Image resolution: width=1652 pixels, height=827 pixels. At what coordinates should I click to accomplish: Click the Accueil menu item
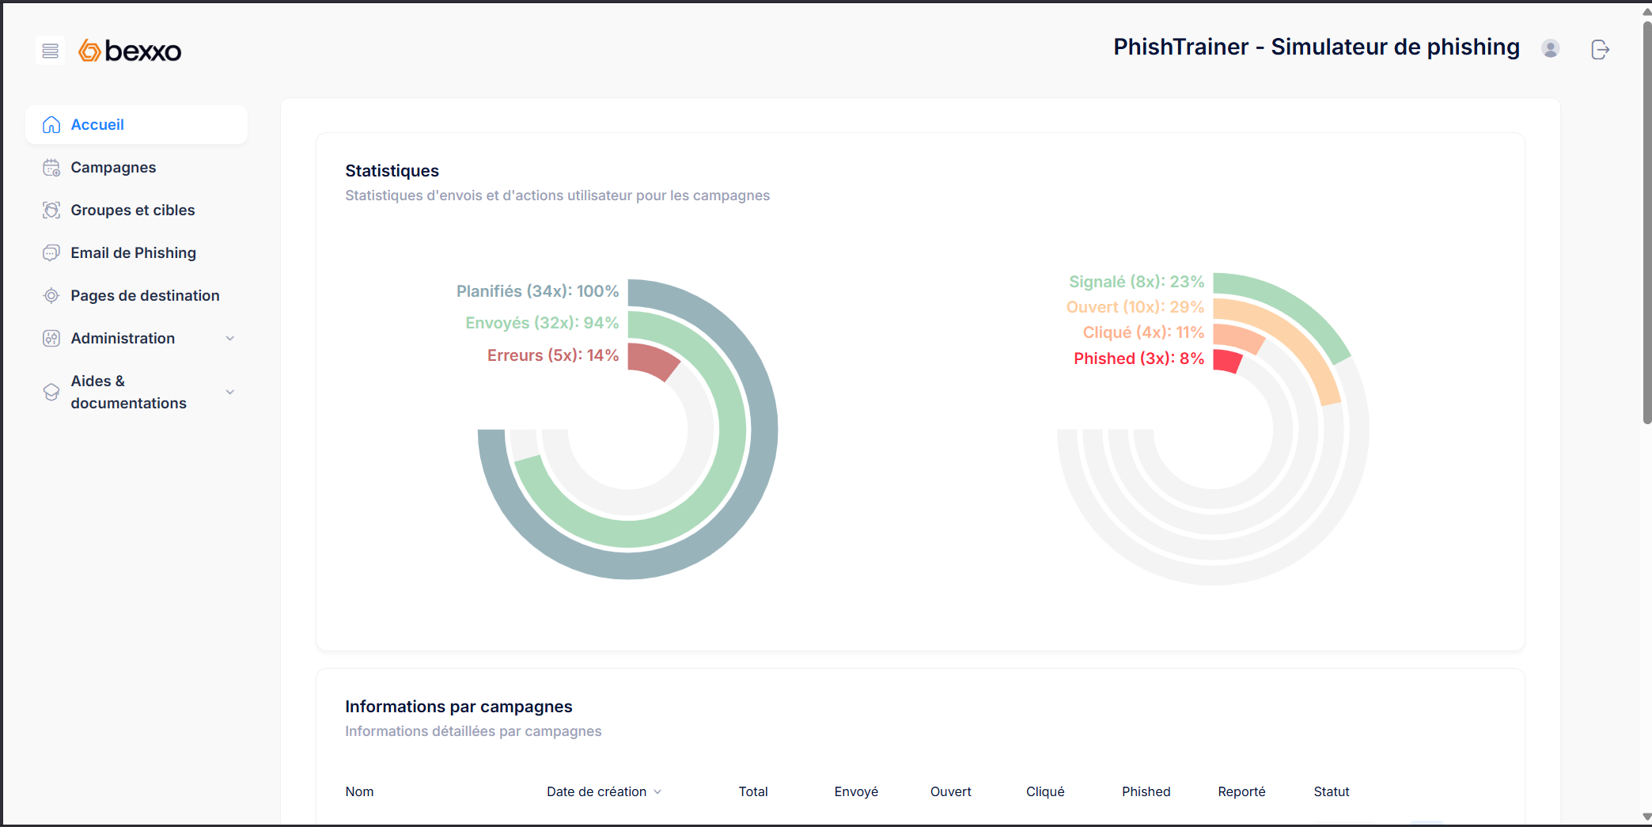pyautogui.click(x=97, y=125)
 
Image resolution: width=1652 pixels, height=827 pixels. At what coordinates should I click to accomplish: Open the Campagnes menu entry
pyautogui.click(x=113, y=168)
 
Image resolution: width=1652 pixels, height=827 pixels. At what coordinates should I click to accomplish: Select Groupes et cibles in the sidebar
pyautogui.click(x=132, y=211)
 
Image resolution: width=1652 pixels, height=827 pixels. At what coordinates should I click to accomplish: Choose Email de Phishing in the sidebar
pyautogui.click(x=133, y=253)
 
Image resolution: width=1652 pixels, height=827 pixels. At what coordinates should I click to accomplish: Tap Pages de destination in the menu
pyautogui.click(x=145, y=296)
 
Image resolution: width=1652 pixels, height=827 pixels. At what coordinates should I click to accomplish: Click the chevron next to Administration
pyautogui.click(x=230, y=339)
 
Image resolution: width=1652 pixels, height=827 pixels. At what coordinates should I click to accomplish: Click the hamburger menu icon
pyautogui.click(x=50, y=51)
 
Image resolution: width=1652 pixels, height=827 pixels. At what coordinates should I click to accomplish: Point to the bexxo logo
pyautogui.click(x=131, y=51)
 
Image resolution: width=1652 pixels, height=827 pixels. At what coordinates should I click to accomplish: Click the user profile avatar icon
pyautogui.click(x=1550, y=49)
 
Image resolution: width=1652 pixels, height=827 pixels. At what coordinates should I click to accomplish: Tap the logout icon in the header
pyautogui.click(x=1600, y=50)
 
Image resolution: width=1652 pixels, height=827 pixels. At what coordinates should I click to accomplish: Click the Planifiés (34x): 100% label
pyautogui.click(x=537, y=291)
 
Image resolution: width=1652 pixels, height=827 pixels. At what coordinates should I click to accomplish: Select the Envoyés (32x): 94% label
pyautogui.click(x=542, y=323)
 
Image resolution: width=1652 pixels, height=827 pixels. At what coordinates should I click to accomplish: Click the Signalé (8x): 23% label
pyautogui.click(x=1136, y=282)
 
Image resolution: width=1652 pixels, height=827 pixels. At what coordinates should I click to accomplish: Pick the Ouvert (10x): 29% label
pyautogui.click(x=1135, y=307)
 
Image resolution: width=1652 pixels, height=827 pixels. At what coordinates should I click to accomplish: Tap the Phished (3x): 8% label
pyautogui.click(x=1139, y=358)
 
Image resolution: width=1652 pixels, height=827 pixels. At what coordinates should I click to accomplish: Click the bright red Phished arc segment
pyautogui.click(x=1226, y=361)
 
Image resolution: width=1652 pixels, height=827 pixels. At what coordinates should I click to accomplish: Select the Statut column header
pyautogui.click(x=1331, y=791)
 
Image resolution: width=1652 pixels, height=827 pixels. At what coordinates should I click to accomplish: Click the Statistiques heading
pyautogui.click(x=392, y=171)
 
